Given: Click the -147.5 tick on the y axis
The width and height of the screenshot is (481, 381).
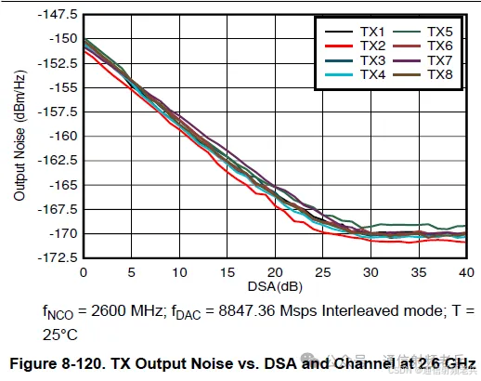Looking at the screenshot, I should [x=59, y=15].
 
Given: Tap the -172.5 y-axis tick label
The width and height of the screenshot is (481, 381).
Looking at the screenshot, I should [x=59, y=257].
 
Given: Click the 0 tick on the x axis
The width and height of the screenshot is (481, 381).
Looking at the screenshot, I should [x=84, y=271].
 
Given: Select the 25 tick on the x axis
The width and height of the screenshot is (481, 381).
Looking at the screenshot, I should [x=322, y=271].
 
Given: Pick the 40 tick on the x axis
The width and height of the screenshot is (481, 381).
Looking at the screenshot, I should [x=464, y=271].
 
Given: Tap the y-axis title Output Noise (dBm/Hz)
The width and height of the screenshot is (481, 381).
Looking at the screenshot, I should [x=19, y=137].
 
